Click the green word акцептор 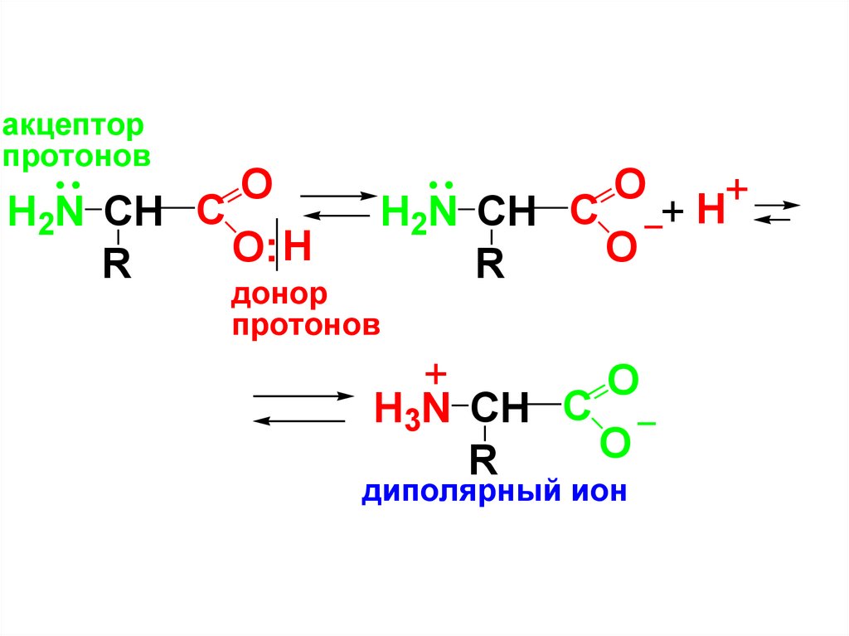74,127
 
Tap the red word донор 279,294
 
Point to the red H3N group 412,408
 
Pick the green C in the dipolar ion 576,407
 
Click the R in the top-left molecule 117,265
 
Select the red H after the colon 297,248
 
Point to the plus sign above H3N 438,373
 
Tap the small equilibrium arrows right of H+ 777,211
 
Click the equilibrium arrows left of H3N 298,408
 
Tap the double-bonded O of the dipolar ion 623,381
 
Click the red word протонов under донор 306,324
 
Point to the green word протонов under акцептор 76,155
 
